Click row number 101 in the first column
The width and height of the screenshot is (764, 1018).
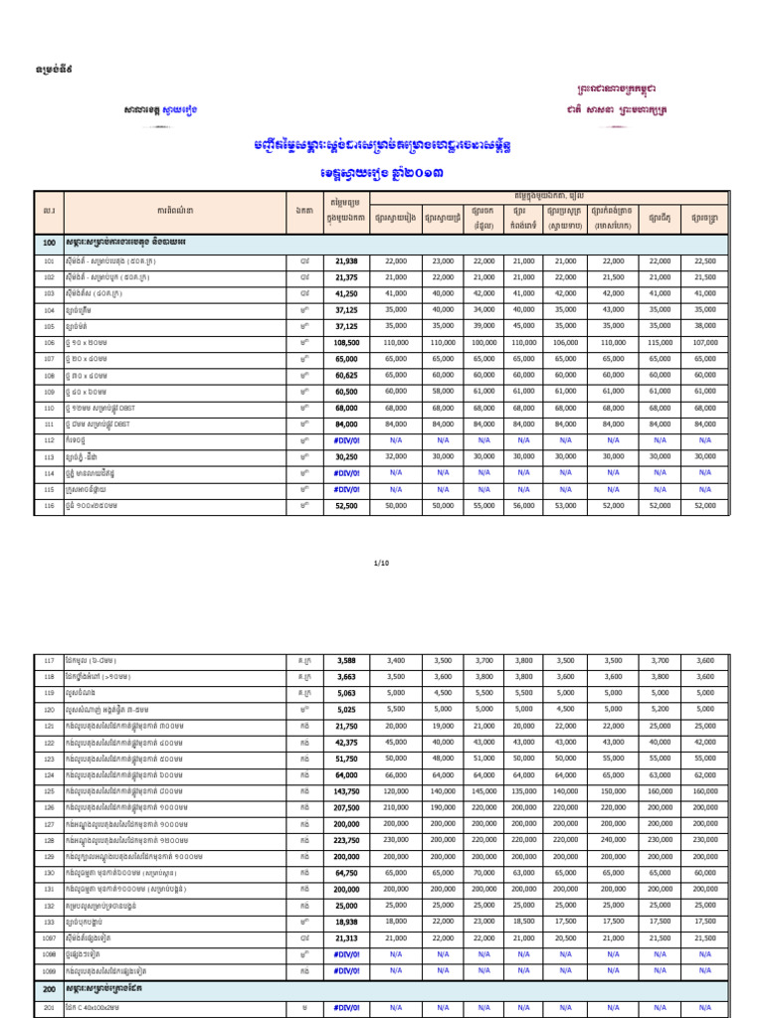(48, 259)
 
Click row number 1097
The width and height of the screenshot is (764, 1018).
(48, 936)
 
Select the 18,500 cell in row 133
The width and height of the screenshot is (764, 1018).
(523, 921)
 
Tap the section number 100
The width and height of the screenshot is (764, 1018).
(48, 243)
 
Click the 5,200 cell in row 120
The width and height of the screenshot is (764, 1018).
(660, 710)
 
